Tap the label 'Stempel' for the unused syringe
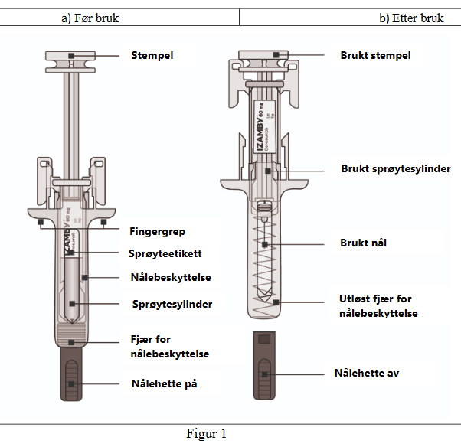[x=152, y=55]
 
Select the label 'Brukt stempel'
[x=375, y=55]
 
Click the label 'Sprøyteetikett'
[x=166, y=253]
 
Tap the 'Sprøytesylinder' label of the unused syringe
[x=172, y=304]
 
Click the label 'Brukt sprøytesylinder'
[x=396, y=168]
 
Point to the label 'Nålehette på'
[x=164, y=383]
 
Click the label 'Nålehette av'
[x=367, y=373]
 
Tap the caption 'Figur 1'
[x=207, y=434]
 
